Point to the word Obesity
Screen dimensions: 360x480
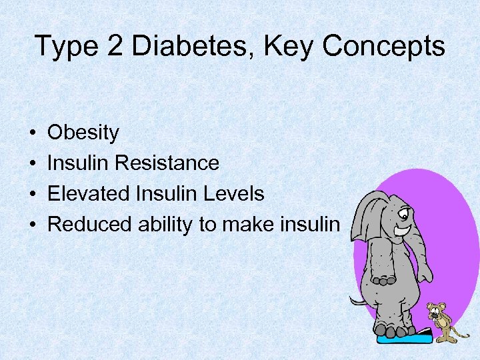[83, 133]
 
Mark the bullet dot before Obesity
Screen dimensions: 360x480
[33, 133]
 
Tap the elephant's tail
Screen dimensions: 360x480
[359, 301]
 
